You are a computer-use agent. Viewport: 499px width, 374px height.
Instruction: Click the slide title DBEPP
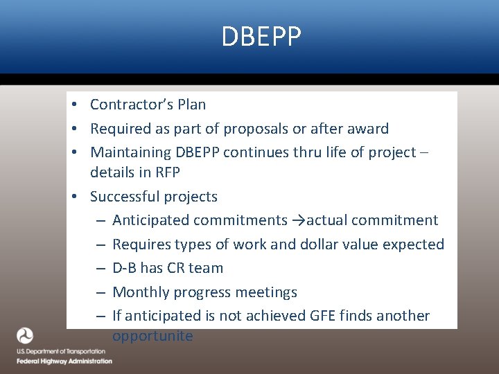tap(261, 37)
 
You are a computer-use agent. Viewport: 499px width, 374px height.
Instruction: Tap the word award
tap(368, 129)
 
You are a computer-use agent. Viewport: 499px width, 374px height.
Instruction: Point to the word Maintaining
tap(131, 152)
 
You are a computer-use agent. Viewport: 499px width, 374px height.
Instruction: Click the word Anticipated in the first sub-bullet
tap(150, 220)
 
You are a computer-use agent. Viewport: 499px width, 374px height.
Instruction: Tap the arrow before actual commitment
tap(298, 221)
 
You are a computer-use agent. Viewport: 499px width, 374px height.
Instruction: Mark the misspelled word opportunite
tap(152, 337)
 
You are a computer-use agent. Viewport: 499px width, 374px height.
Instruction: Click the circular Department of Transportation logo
tap(25, 336)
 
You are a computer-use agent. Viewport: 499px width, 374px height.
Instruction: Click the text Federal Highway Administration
tap(64, 361)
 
